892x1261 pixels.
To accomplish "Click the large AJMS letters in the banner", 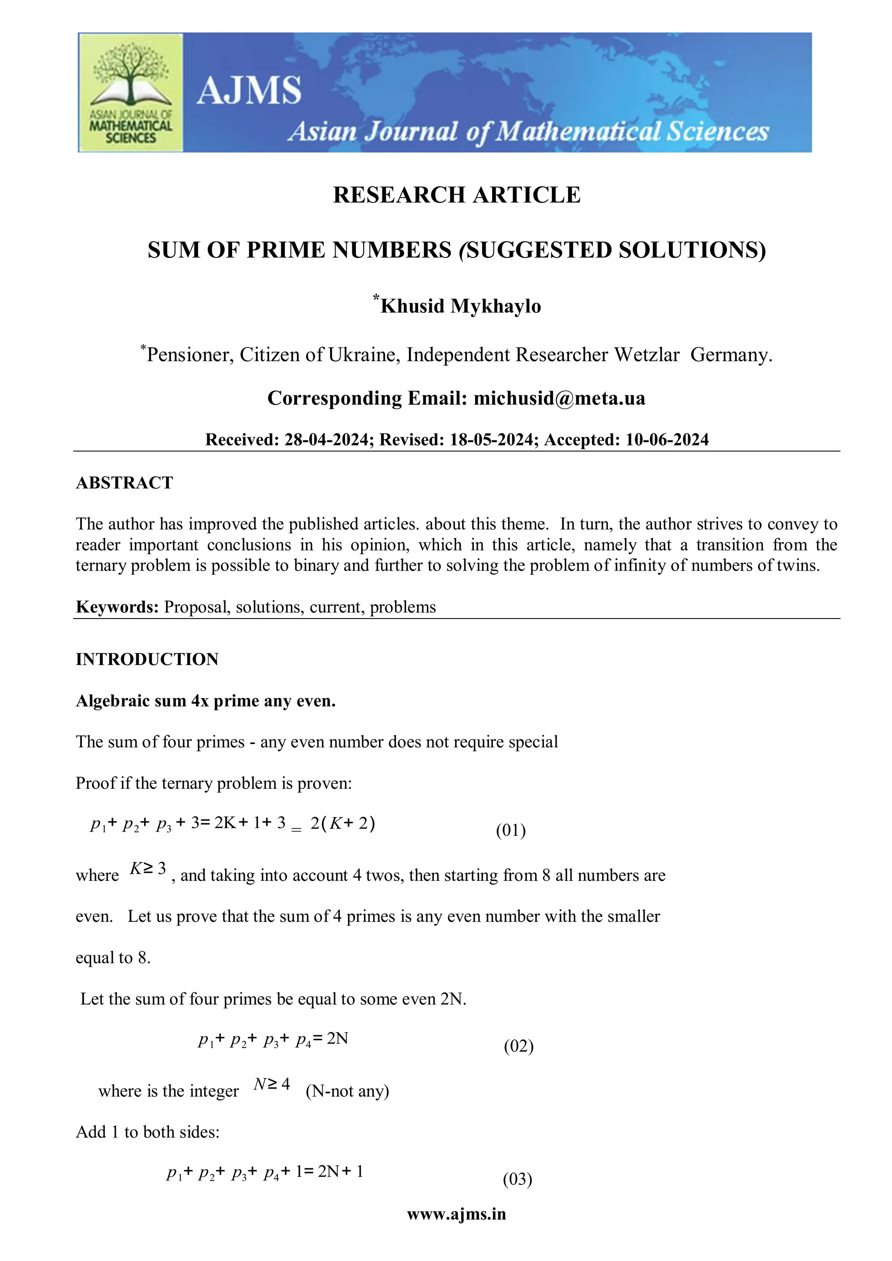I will pyautogui.click(x=249, y=90).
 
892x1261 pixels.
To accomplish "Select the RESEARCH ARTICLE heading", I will pyautogui.click(x=456, y=195).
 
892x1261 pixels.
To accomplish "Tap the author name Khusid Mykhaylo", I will pyautogui.click(x=460, y=306).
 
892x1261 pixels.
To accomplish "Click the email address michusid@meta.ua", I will pyautogui.click(x=559, y=398).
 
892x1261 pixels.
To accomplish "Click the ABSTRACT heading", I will pyautogui.click(x=124, y=483).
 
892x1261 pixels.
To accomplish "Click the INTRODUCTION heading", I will pyautogui.click(x=147, y=659).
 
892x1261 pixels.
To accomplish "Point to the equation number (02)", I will pyautogui.click(x=518, y=1046).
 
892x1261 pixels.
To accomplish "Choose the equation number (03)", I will pyautogui.click(x=517, y=1179).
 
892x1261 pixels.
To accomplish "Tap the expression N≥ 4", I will pyautogui.click(x=271, y=1084).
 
